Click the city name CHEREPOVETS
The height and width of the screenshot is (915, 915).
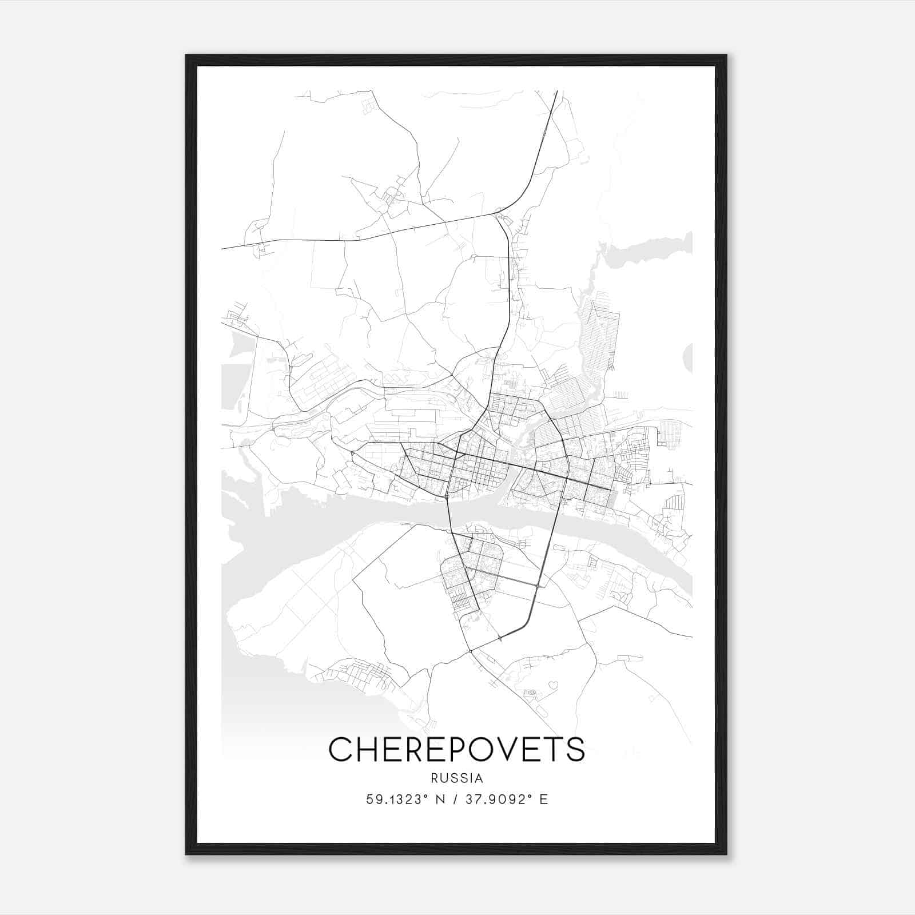point(457,749)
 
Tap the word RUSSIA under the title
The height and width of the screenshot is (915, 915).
point(457,778)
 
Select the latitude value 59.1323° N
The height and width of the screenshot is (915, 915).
point(408,799)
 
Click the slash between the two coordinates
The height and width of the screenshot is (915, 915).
point(456,799)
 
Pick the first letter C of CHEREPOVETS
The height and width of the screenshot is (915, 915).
point(339,749)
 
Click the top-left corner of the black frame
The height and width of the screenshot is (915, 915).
point(187,56)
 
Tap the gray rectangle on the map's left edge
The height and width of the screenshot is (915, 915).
point(232,386)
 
